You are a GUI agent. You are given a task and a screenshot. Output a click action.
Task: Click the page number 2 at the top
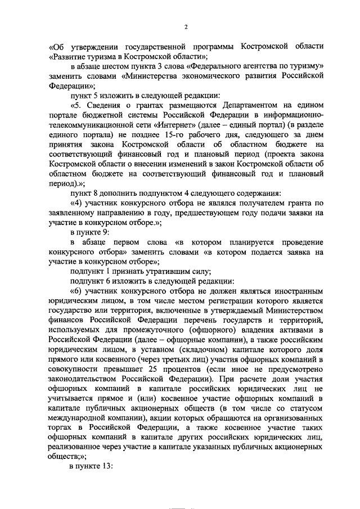pos(186,27)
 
